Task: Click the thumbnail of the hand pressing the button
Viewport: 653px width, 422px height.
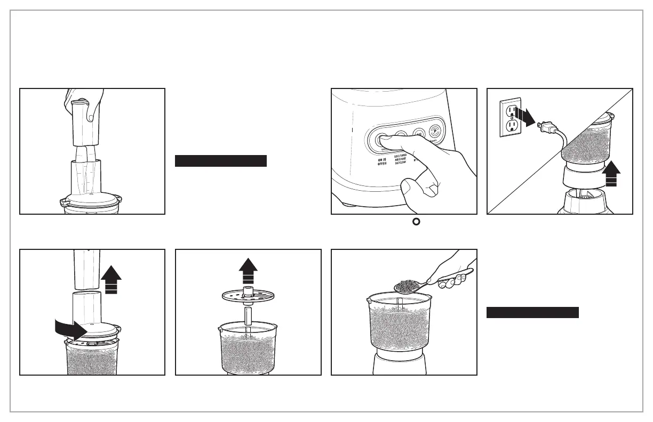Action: (x=404, y=151)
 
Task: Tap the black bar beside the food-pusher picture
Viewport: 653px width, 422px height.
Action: (x=220, y=161)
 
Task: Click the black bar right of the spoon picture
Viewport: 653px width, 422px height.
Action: (x=532, y=313)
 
